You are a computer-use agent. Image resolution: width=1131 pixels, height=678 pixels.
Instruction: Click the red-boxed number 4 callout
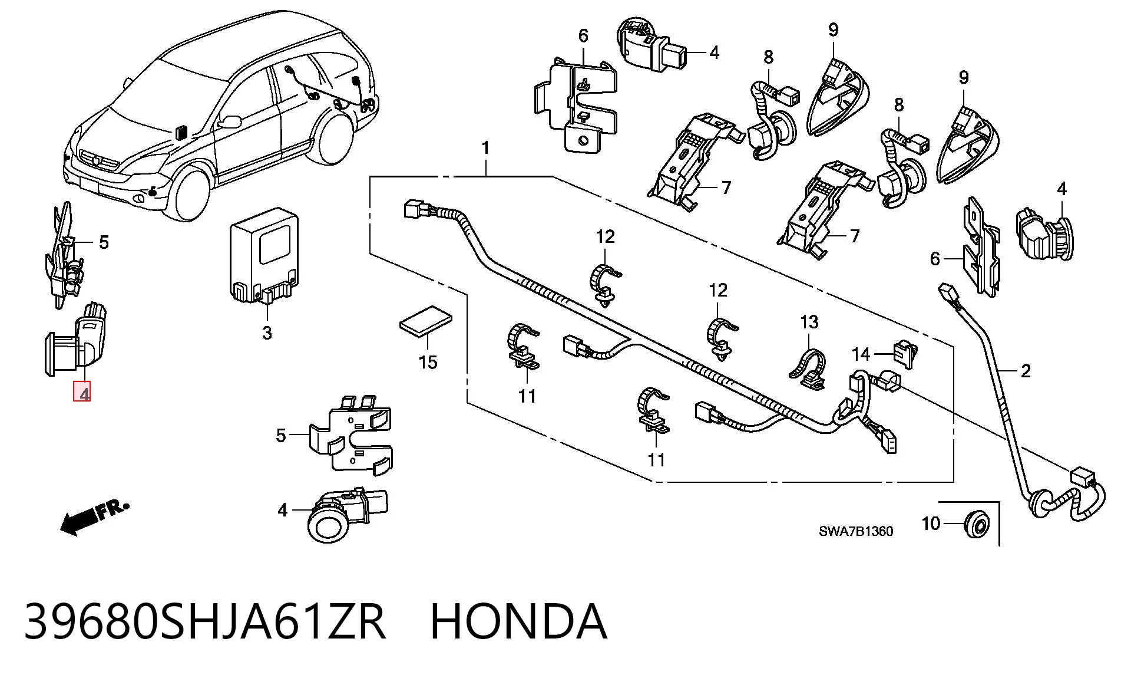82,392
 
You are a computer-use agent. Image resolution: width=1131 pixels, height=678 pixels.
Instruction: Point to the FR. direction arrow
94,516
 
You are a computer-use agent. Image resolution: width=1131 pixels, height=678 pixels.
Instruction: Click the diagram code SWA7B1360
856,531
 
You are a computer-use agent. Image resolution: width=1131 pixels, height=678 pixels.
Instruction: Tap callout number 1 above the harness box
485,148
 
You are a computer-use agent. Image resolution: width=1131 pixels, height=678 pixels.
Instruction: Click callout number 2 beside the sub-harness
1026,371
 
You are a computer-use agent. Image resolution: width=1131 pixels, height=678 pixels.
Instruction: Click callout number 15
428,362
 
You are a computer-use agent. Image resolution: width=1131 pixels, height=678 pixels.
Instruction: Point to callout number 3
267,333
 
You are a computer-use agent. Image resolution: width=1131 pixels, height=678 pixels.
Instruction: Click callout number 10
931,523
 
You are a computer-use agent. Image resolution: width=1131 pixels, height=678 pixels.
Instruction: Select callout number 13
809,322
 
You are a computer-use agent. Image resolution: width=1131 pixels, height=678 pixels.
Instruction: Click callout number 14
861,354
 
